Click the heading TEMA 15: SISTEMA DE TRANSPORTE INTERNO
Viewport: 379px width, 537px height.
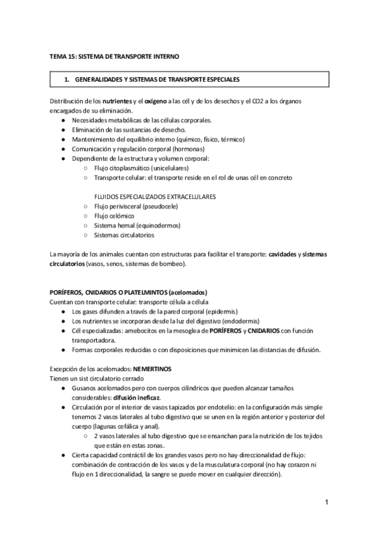(x=114, y=56)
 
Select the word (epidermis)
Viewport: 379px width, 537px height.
(x=218, y=312)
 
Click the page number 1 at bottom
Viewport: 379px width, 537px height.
(x=326, y=503)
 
